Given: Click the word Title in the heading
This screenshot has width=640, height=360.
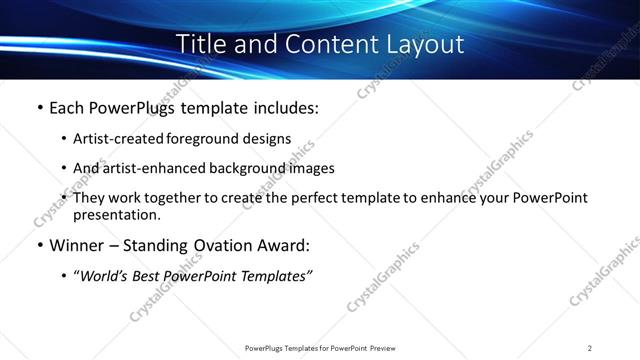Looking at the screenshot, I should pos(200,45).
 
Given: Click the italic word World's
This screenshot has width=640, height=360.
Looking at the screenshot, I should pos(104,276).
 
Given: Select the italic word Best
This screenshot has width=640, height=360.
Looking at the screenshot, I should pos(149,276).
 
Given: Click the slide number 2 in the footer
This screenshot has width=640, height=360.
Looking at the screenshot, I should pos(590,348).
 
